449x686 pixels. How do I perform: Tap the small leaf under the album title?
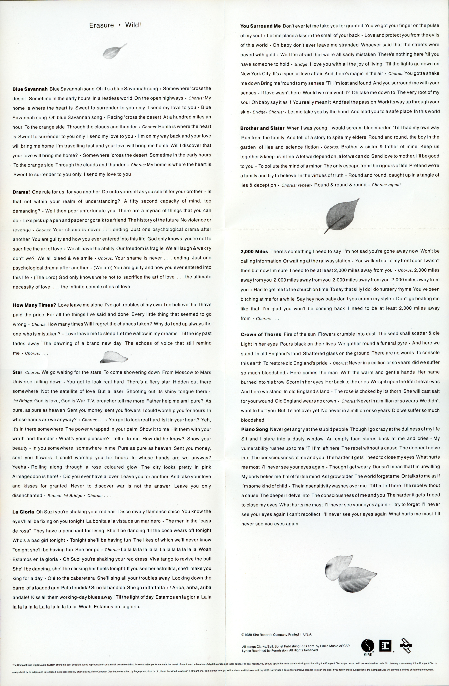(x=114, y=51)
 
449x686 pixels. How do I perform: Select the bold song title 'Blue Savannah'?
(x=30, y=89)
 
